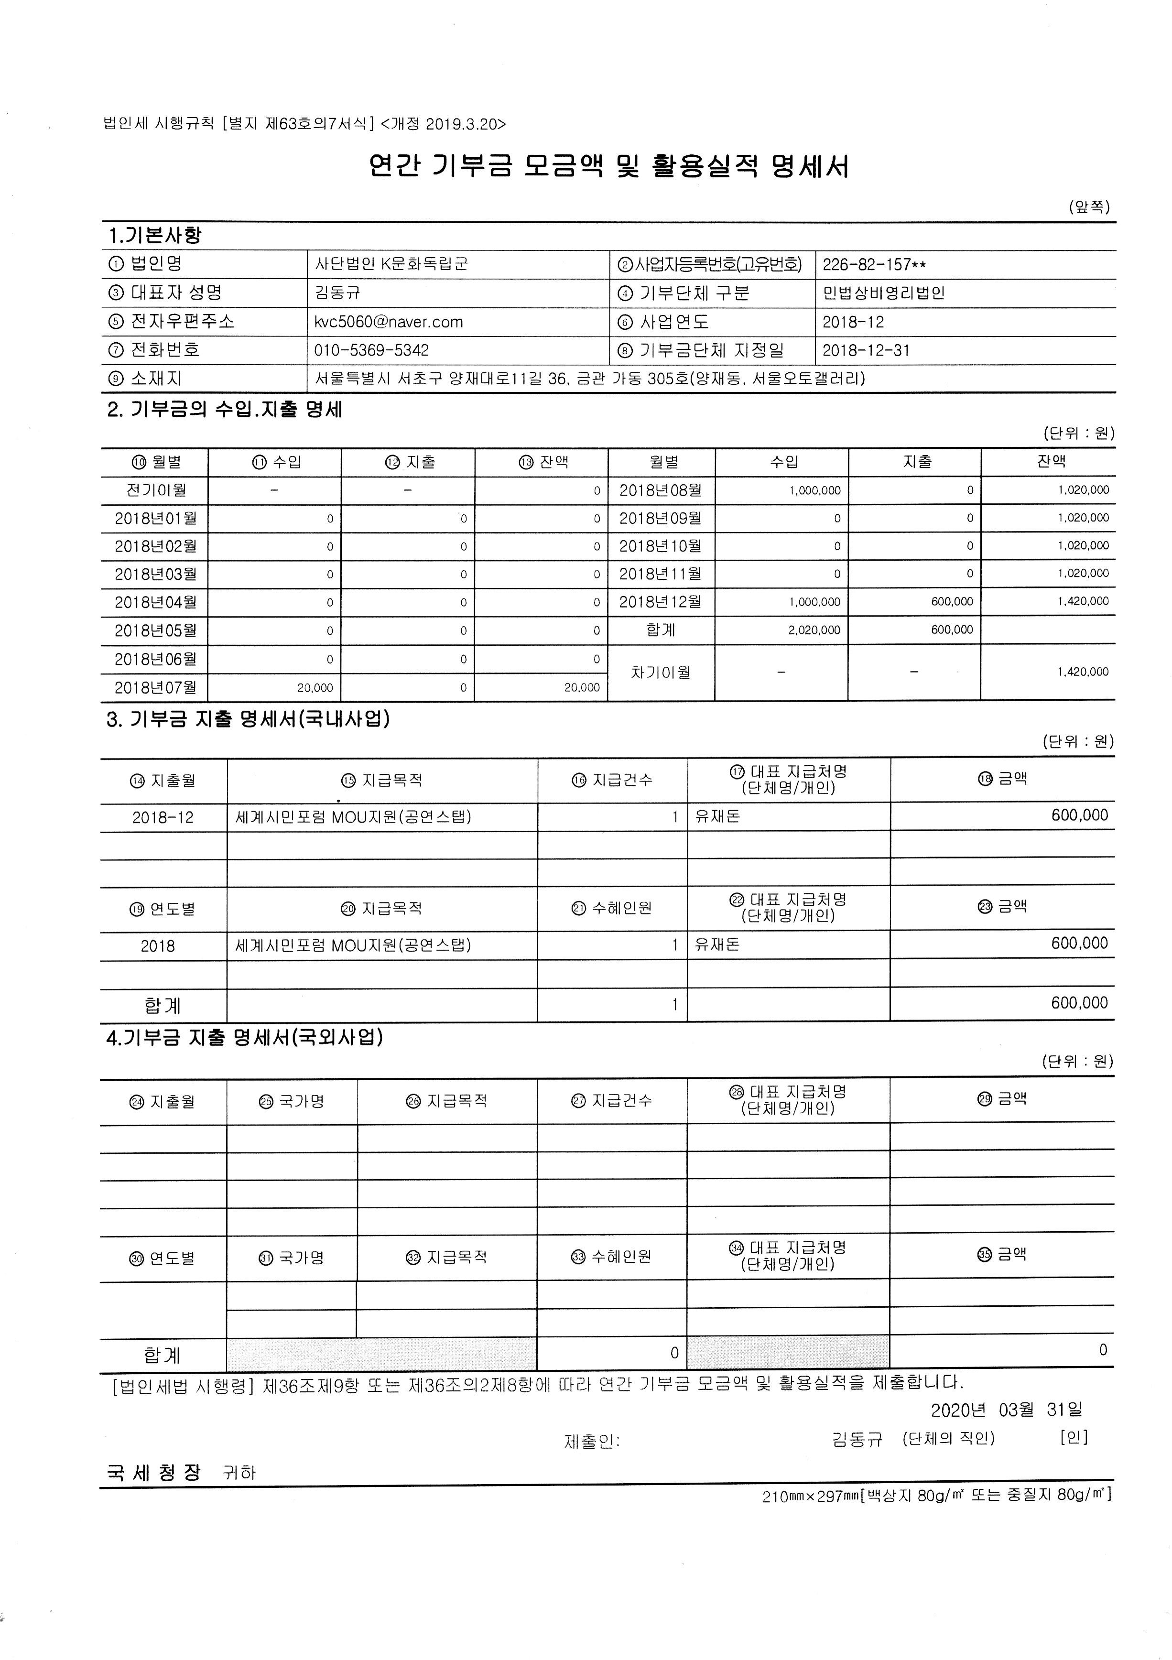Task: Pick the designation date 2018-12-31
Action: [866, 351]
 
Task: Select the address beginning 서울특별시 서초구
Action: [590, 378]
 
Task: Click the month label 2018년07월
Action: [155, 687]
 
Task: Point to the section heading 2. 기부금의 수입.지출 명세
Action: [225, 410]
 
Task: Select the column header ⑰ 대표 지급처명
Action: [788, 780]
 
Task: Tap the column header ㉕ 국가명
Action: [292, 1101]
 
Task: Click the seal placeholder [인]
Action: [1074, 1437]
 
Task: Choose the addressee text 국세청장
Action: [153, 1473]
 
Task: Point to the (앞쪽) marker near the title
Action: [1089, 207]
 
